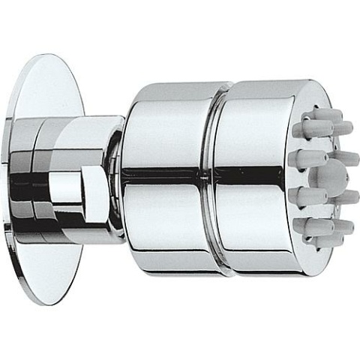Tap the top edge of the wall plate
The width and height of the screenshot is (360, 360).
point(52,56)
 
